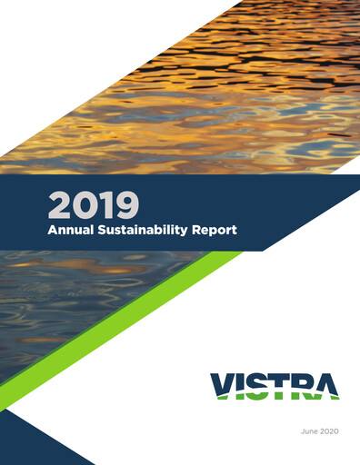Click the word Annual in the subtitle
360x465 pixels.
tap(71, 230)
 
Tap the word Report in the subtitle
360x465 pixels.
tap(215, 230)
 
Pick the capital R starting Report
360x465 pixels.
tap(196, 230)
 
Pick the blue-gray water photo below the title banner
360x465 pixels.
tap(64, 309)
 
